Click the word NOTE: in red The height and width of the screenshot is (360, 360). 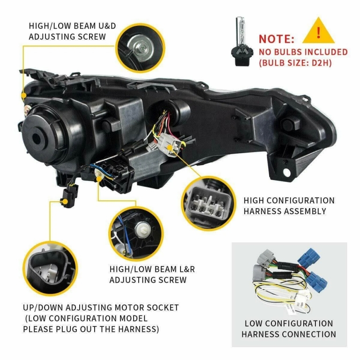pos(277,39)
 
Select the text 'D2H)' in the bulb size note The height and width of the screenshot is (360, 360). pos(322,63)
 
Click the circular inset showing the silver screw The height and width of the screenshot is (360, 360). pos(140,48)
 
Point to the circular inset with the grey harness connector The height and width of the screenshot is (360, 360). pos(209,203)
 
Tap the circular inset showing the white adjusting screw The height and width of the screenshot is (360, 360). pos(136,233)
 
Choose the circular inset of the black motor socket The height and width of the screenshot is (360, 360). pos(50,268)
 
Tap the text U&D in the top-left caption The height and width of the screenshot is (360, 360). pos(107,26)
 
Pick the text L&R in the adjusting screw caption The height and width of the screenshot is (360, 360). pos(186,269)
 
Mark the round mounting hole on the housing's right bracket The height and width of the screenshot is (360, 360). pos(287,172)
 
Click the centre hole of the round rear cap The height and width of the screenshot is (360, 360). pos(36,138)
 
